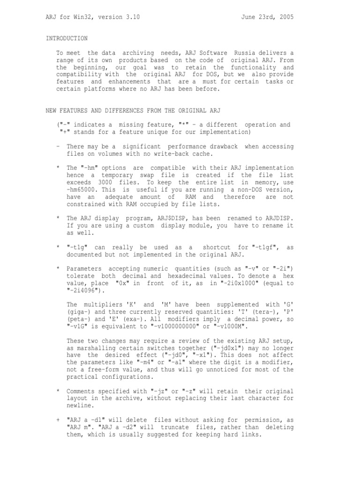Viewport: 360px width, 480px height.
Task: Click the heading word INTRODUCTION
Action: coord(67,38)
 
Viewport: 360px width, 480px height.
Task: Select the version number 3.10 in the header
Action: coord(132,17)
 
